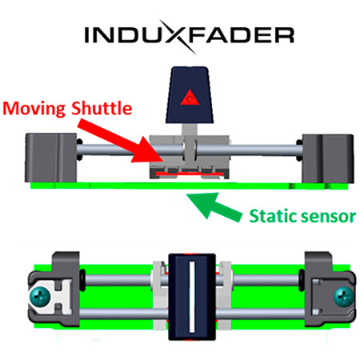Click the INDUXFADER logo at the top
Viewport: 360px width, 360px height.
(x=190, y=36)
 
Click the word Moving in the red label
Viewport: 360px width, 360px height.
(x=34, y=109)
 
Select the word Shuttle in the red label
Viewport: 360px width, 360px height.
(x=102, y=108)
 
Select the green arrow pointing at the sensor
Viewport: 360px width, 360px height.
(x=214, y=206)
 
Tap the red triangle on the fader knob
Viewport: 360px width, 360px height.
(x=190, y=97)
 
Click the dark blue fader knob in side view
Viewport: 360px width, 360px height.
(x=190, y=95)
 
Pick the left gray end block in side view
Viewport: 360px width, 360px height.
(x=51, y=158)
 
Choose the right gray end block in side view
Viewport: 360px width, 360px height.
(x=328, y=158)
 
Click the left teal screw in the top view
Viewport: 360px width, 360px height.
(x=40, y=297)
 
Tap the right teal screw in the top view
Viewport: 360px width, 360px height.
(x=344, y=297)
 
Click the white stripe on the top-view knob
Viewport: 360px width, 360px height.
(x=192, y=297)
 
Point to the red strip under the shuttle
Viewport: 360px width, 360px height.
(x=190, y=174)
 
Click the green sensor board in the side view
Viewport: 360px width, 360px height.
(x=190, y=186)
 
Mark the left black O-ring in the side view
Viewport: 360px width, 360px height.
(x=79, y=150)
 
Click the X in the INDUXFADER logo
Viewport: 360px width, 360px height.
(x=177, y=36)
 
